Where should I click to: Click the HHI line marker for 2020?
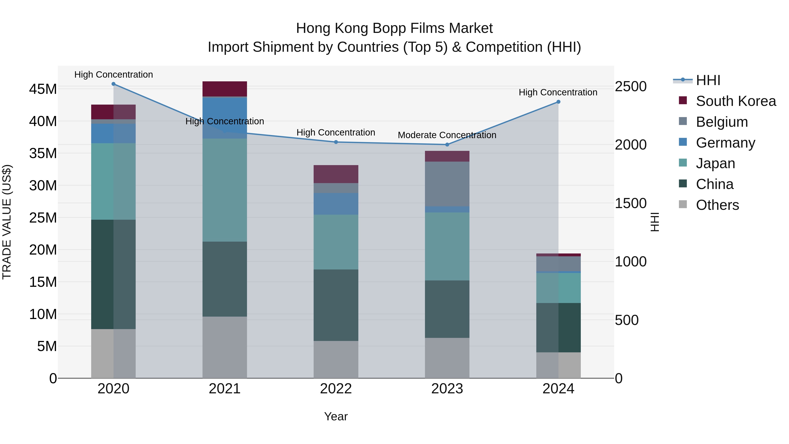(113, 84)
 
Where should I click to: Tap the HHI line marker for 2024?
(558, 102)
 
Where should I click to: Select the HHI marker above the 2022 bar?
(336, 142)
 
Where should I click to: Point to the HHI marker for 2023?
(447, 145)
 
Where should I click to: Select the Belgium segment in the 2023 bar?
(447, 184)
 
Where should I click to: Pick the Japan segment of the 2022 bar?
(336, 242)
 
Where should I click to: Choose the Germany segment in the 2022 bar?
(336, 203)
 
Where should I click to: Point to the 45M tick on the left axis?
(43, 89)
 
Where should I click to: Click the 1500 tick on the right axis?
(631, 203)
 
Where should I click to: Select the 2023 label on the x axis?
(447, 389)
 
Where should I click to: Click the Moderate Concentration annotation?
(447, 135)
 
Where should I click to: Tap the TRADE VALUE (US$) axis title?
(7, 222)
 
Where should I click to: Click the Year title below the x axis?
(336, 416)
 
